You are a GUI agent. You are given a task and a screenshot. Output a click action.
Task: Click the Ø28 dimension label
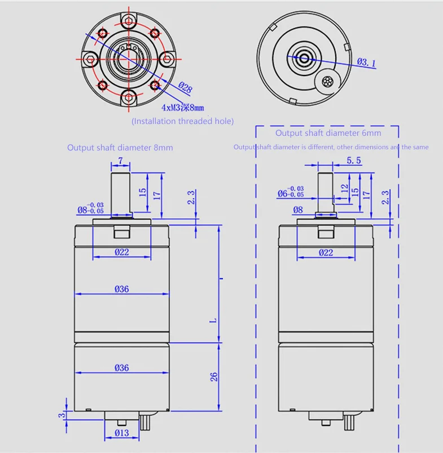click(185, 87)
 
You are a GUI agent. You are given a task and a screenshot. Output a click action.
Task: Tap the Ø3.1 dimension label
click(366, 62)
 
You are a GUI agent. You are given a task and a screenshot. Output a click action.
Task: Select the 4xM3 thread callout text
click(183, 108)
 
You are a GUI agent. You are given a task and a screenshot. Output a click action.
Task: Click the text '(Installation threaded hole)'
click(183, 121)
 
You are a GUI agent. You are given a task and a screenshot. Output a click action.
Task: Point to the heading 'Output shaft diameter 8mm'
click(120, 148)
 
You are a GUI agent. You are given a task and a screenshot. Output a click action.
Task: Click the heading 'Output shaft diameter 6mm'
click(328, 133)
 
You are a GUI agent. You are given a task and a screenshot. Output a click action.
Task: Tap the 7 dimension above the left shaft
click(121, 161)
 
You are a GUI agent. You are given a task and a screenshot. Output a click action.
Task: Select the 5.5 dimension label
click(354, 161)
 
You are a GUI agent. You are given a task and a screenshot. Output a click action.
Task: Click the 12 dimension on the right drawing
click(344, 189)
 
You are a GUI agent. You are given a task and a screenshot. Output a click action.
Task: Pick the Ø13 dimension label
click(122, 433)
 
